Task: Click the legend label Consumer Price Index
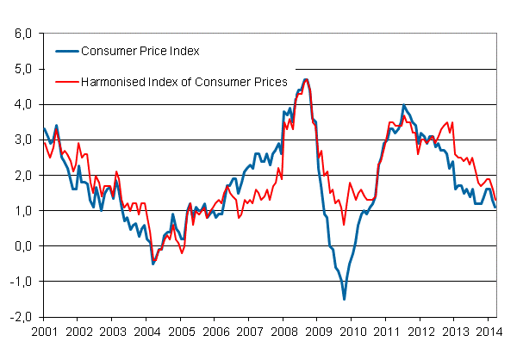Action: [x=140, y=51]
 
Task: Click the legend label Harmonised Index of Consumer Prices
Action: [x=184, y=82]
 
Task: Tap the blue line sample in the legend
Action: [x=65, y=51]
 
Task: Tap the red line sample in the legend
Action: [x=65, y=82]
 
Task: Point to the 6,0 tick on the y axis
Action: [x=22, y=34]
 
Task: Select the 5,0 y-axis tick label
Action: [x=22, y=69]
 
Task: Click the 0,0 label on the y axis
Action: [x=22, y=245]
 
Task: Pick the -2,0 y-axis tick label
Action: [x=21, y=316]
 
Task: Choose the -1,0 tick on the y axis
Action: [x=21, y=281]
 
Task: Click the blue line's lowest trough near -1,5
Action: [x=345, y=299]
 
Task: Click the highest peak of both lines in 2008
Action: [x=306, y=79]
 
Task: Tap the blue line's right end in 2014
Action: [x=495, y=207]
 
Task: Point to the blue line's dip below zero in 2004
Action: [x=153, y=263]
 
